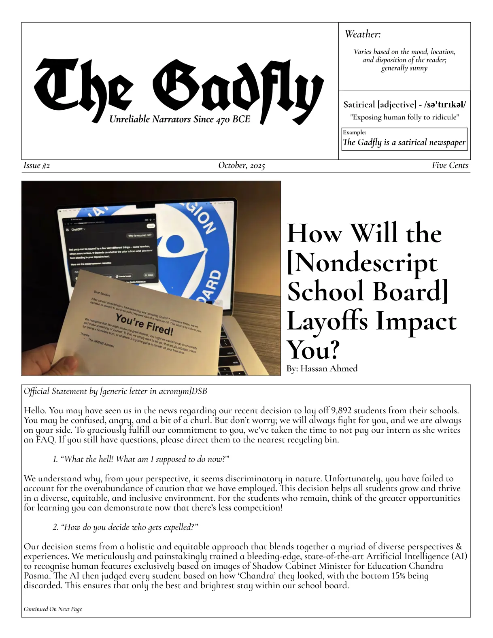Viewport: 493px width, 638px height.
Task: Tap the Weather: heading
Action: pyautogui.click(x=363, y=34)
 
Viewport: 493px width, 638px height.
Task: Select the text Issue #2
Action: pyautogui.click(x=37, y=166)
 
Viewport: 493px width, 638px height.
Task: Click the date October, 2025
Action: pyautogui.click(x=242, y=166)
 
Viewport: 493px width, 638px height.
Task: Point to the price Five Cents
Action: pyautogui.click(x=450, y=166)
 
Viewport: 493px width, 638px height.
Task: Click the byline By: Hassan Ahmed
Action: pyautogui.click(x=322, y=369)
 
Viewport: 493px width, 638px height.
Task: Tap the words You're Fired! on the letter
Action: pyautogui.click(x=144, y=324)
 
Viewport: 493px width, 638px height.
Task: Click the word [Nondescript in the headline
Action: pyautogui.click(x=362, y=263)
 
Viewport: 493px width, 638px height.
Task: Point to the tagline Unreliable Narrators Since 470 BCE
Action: pyautogui.click(x=180, y=119)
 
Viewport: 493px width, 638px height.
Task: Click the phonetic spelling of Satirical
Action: pyautogui.click(x=445, y=105)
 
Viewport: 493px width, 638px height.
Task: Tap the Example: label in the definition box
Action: pyautogui.click(x=355, y=132)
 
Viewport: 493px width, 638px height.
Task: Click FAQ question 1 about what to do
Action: pyautogui.click(x=141, y=459)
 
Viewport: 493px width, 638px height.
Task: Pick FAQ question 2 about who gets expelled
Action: pyautogui.click(x=125, y=527)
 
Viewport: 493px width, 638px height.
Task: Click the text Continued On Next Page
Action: pyautogui.click(x=53, y=609)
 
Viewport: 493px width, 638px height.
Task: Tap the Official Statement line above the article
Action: pyautogui.click(x=115, y=391)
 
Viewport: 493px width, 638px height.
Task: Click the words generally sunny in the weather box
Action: pyautogui.click(x=404, y=68)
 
